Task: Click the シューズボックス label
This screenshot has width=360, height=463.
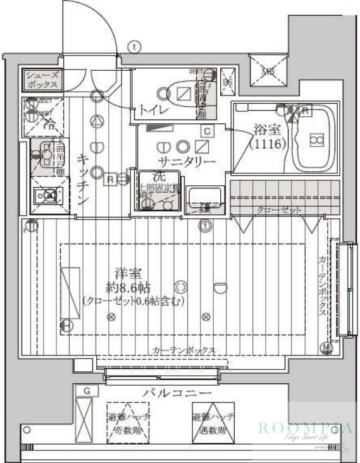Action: tap(43, 80)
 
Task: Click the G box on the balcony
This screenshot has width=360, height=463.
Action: tap(86, 392)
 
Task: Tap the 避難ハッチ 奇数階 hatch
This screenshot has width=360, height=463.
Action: tap(128, 423)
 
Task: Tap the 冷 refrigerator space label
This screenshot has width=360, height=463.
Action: tap(49, 124)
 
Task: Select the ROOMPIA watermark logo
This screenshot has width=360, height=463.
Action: tap(304, 428)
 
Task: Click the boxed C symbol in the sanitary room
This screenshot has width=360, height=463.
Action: tap(206, 131)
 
